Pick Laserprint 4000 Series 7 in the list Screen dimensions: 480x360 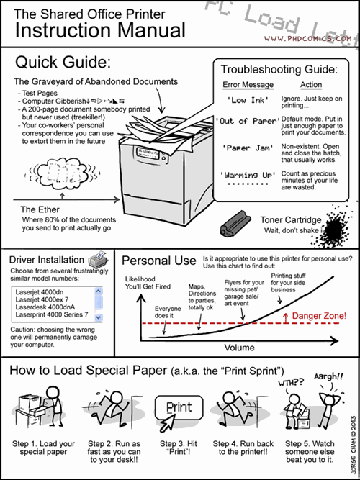(x=52, y=314)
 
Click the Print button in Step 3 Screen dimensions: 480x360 (x=179, y=407)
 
